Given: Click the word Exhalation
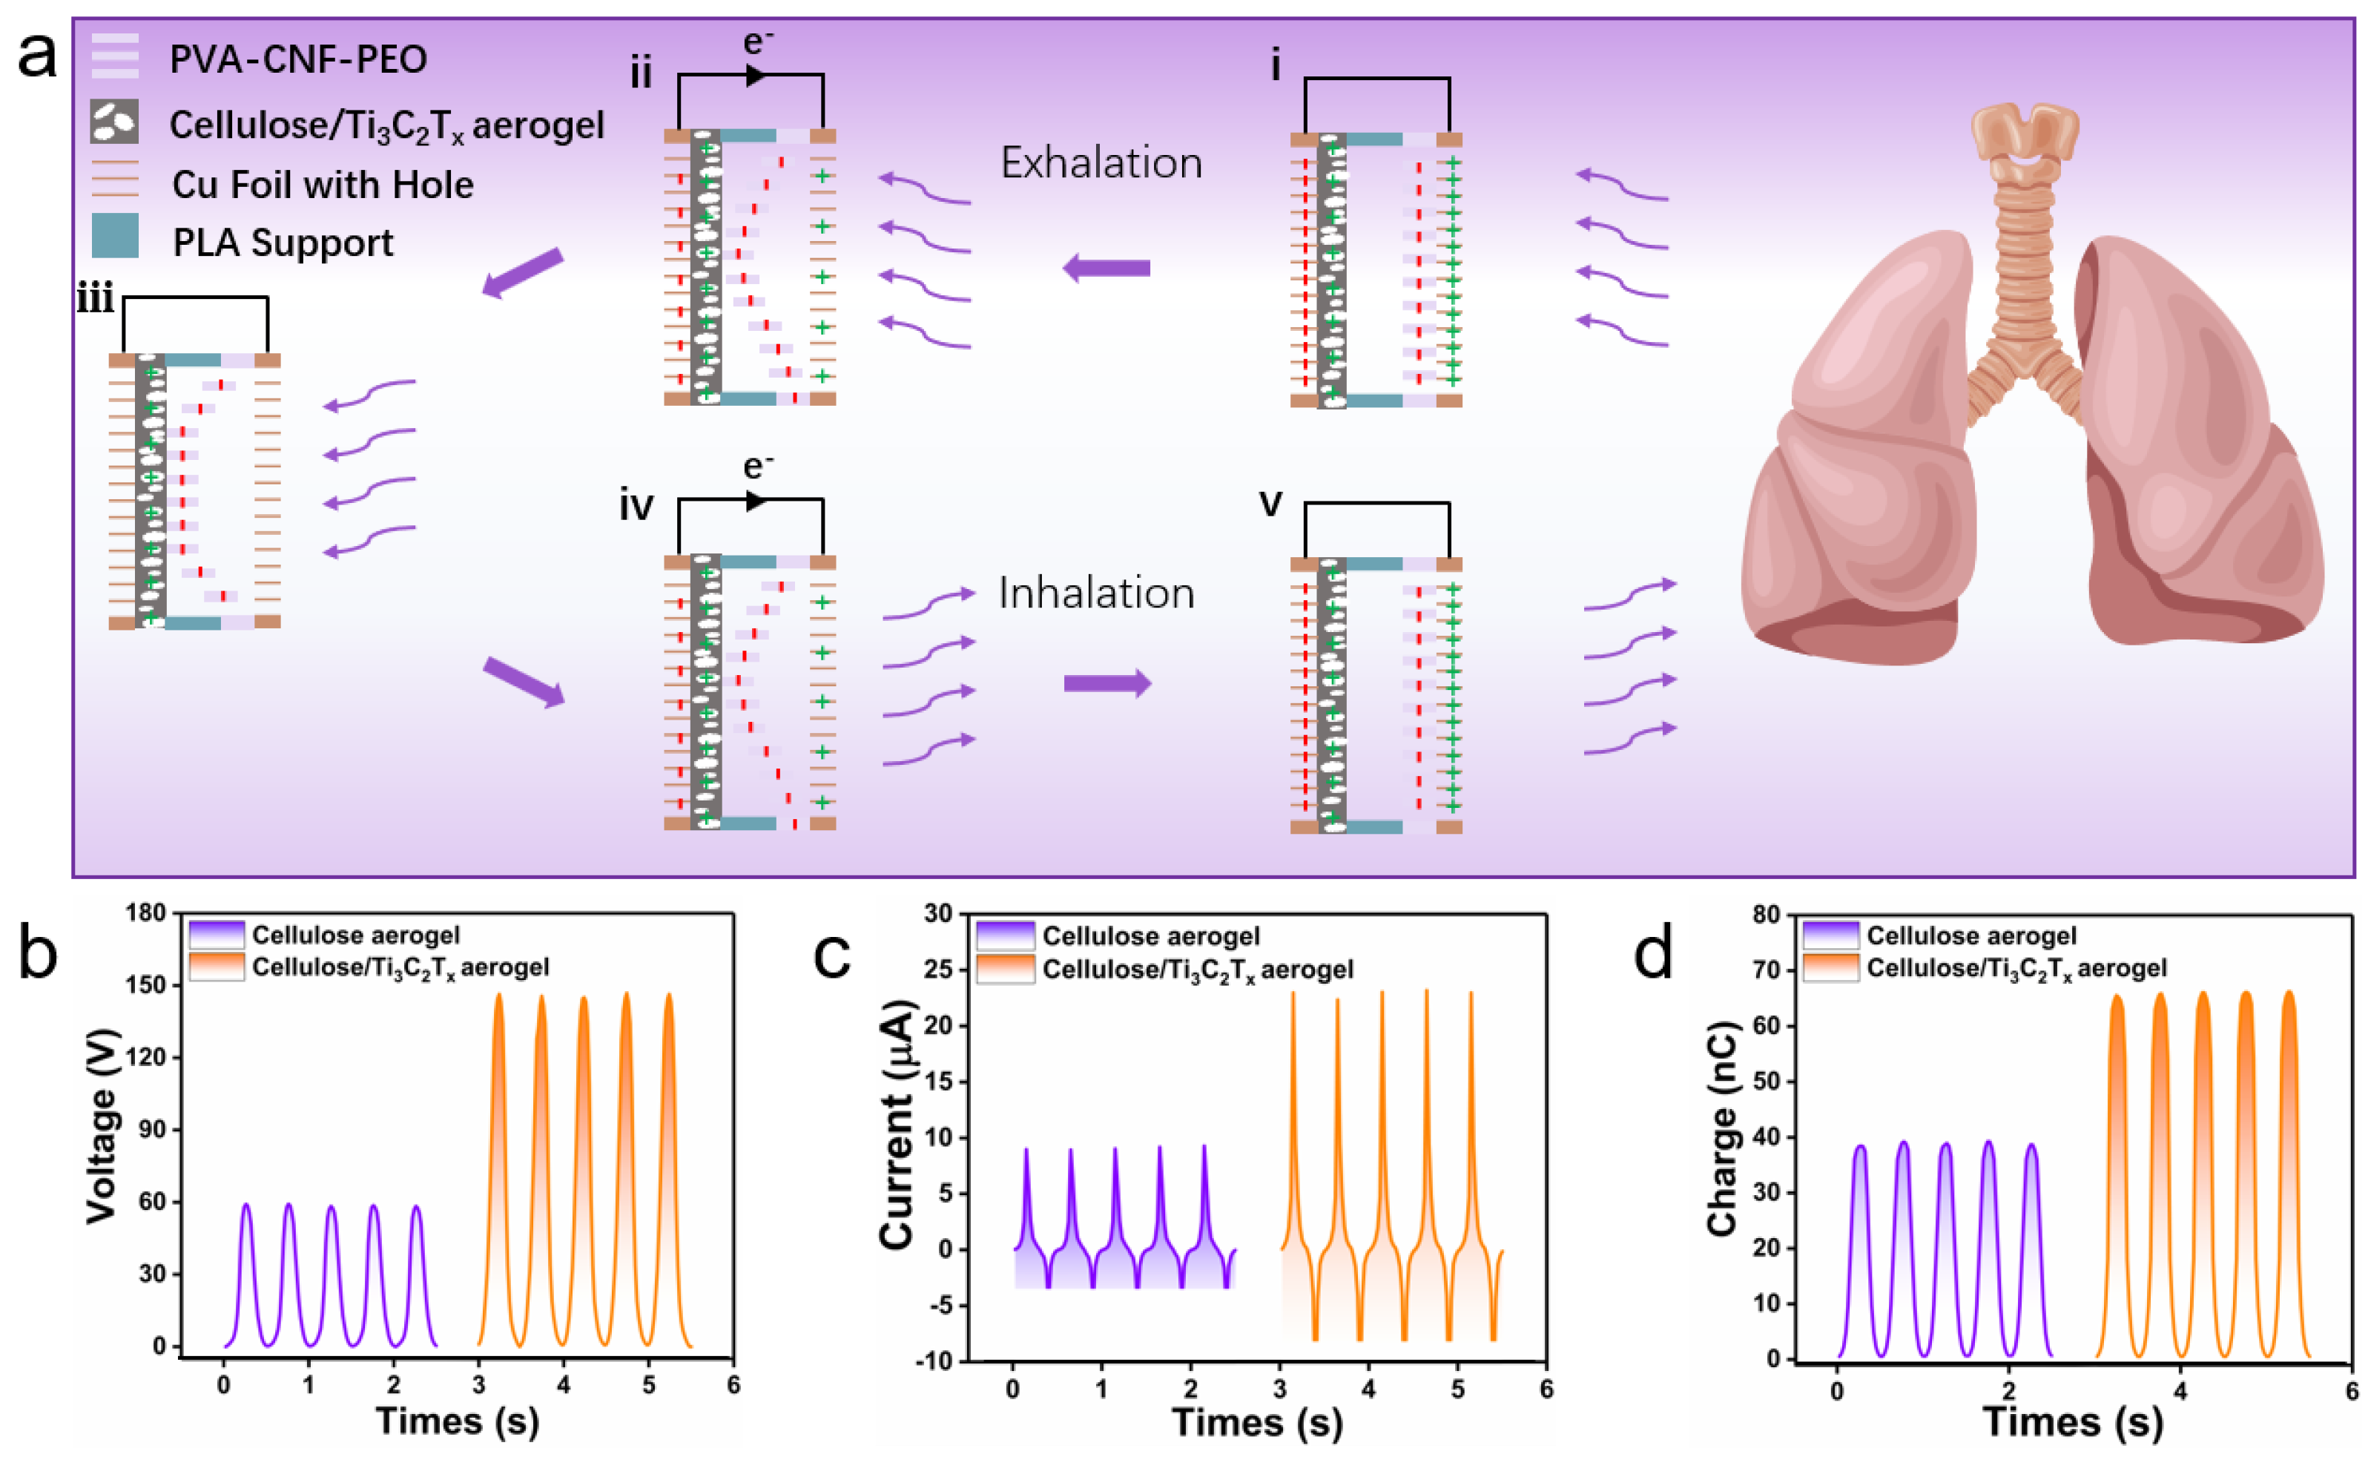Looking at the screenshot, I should pos(1101,163).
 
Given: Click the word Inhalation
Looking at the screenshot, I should pos(1096,593).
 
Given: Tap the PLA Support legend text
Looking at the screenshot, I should pos(283,243).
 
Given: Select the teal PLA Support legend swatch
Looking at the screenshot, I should pos(115,236).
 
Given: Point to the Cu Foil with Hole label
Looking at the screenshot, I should pos(323,185).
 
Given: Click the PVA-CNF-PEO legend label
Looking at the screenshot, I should pos(297,60).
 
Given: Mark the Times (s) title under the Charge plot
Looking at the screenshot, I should pos(2072,1421).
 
